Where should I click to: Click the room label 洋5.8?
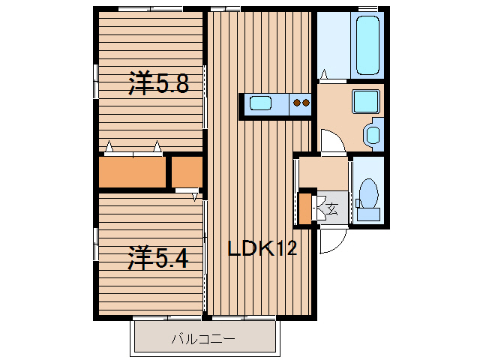point(158,83)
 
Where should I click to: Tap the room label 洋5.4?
point(158,258)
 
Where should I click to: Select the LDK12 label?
point(262,248)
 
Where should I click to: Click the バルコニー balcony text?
point(203,339)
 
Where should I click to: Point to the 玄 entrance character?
point(333,208)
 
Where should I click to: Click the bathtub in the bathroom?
point(367,45)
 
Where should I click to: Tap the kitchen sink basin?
point(260,103)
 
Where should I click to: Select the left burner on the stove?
point(297,103)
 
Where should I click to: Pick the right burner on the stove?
point(305,103)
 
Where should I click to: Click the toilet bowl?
point(368,193)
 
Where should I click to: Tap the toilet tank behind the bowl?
point(368,214)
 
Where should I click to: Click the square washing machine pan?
point(366,101)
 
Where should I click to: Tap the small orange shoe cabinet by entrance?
point(304,208)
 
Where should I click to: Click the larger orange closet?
point(132,172)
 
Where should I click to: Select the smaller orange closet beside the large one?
point(187,172)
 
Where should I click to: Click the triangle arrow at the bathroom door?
point(324,74)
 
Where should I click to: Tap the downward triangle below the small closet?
point(195,197)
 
